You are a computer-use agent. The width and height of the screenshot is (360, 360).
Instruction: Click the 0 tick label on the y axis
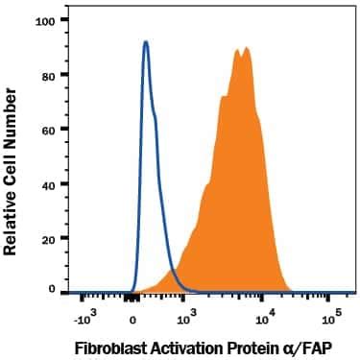click(x=61, y=288)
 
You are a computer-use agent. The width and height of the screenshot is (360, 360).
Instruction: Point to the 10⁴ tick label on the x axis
click(x=265, y=315)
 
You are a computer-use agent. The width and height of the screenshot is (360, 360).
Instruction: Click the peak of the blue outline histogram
click(x=145, y=42)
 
